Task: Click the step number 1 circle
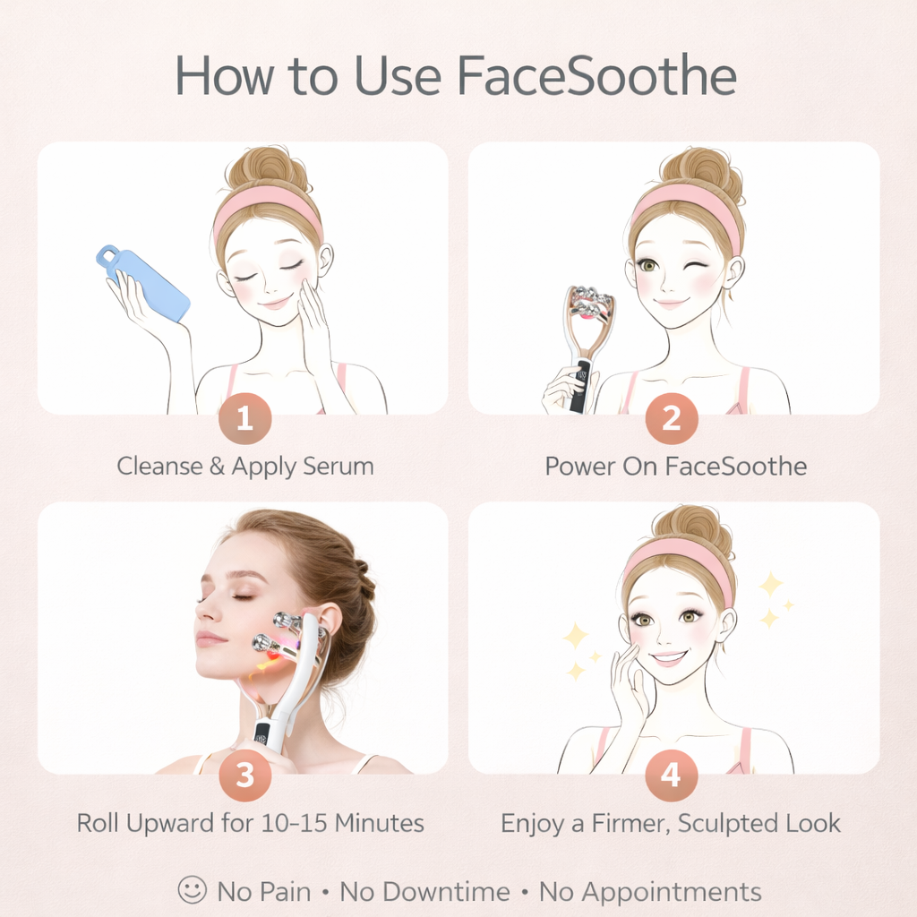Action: pos(244,417)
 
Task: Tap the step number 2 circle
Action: pos(672,417)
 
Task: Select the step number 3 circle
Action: pos(244,776)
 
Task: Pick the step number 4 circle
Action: pos(672,776)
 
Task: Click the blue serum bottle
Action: pos(146,284)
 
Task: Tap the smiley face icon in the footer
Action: pos(192,890)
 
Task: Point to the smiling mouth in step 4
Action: pos(668,659)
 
